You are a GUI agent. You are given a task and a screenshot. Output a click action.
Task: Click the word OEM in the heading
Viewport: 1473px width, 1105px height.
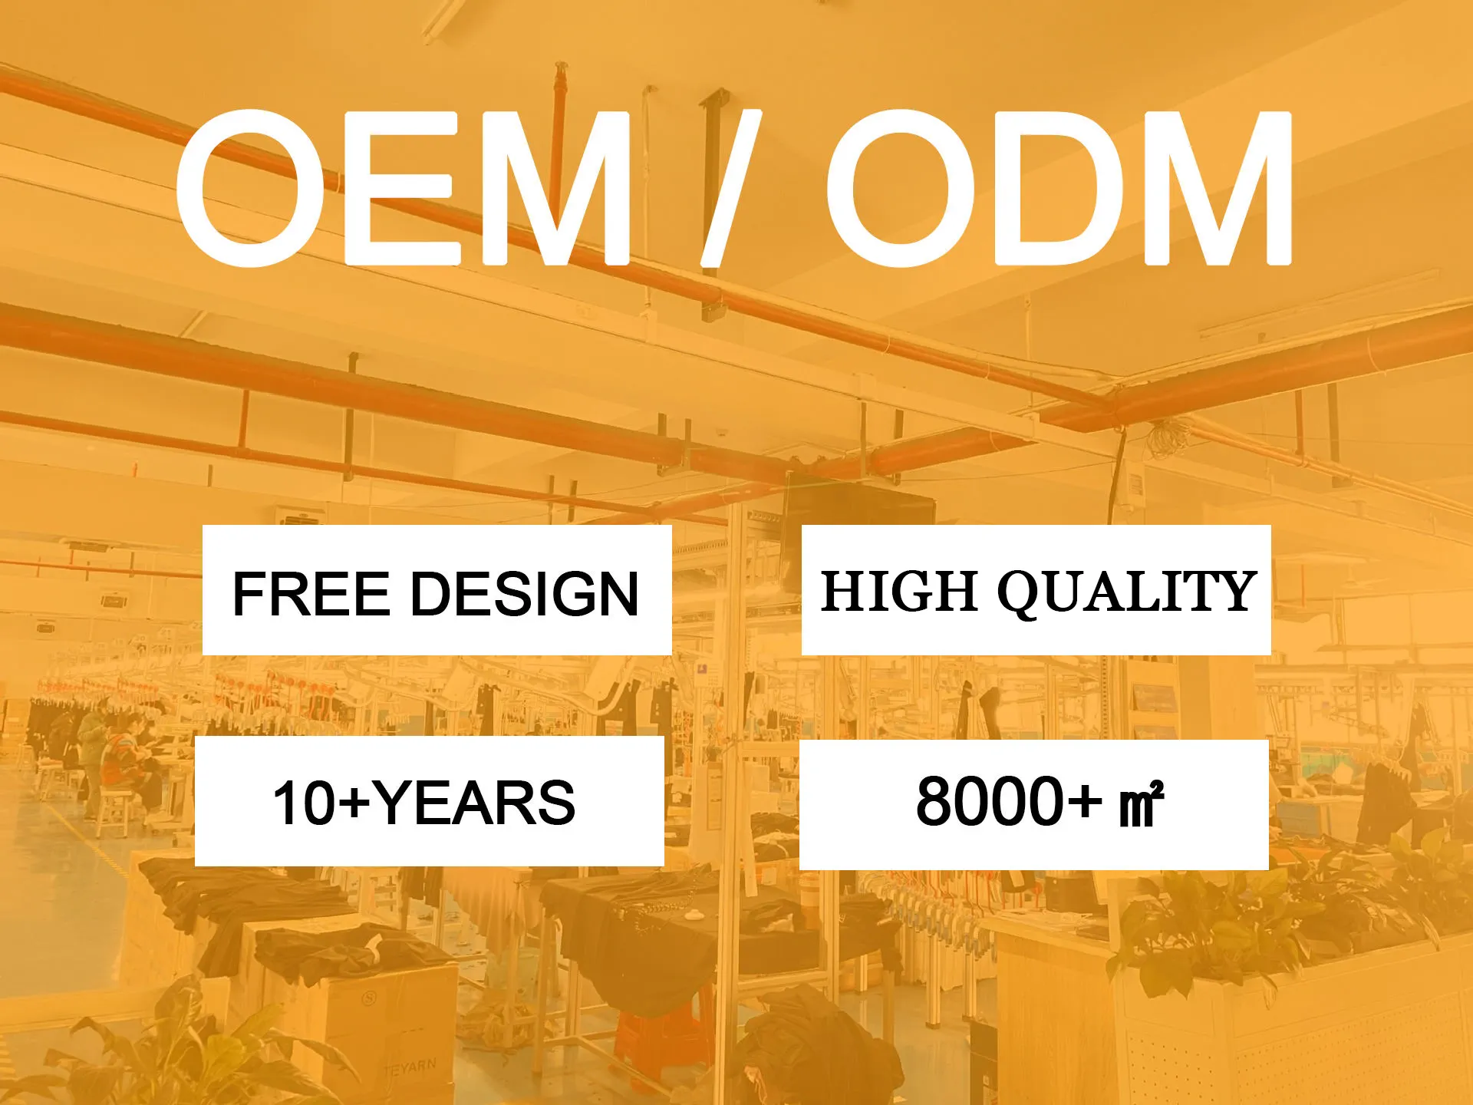[x=404, y=188]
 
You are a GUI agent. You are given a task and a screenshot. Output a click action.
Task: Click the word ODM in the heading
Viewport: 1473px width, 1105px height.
[x=1059, y=188]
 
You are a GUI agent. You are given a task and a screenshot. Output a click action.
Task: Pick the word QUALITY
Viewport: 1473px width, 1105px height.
[x=1126, y=592]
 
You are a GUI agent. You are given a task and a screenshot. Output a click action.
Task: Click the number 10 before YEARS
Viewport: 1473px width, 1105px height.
[x=305, y=803]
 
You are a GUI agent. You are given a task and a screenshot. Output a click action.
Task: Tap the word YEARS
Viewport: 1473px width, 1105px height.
[x=476, y=803]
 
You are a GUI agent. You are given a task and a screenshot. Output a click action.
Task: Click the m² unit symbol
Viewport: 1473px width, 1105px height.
[x=1142, y=805]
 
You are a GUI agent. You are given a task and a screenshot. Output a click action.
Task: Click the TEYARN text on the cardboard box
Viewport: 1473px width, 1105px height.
[x=410, y=1067]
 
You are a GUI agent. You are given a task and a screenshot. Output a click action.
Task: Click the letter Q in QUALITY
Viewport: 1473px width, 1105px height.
[x=1022, y=593]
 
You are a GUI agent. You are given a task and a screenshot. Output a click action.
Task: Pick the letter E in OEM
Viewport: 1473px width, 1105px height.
[x=402, y=188]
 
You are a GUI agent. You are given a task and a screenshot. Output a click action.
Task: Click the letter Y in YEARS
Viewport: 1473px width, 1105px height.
[x=397, y=803]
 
